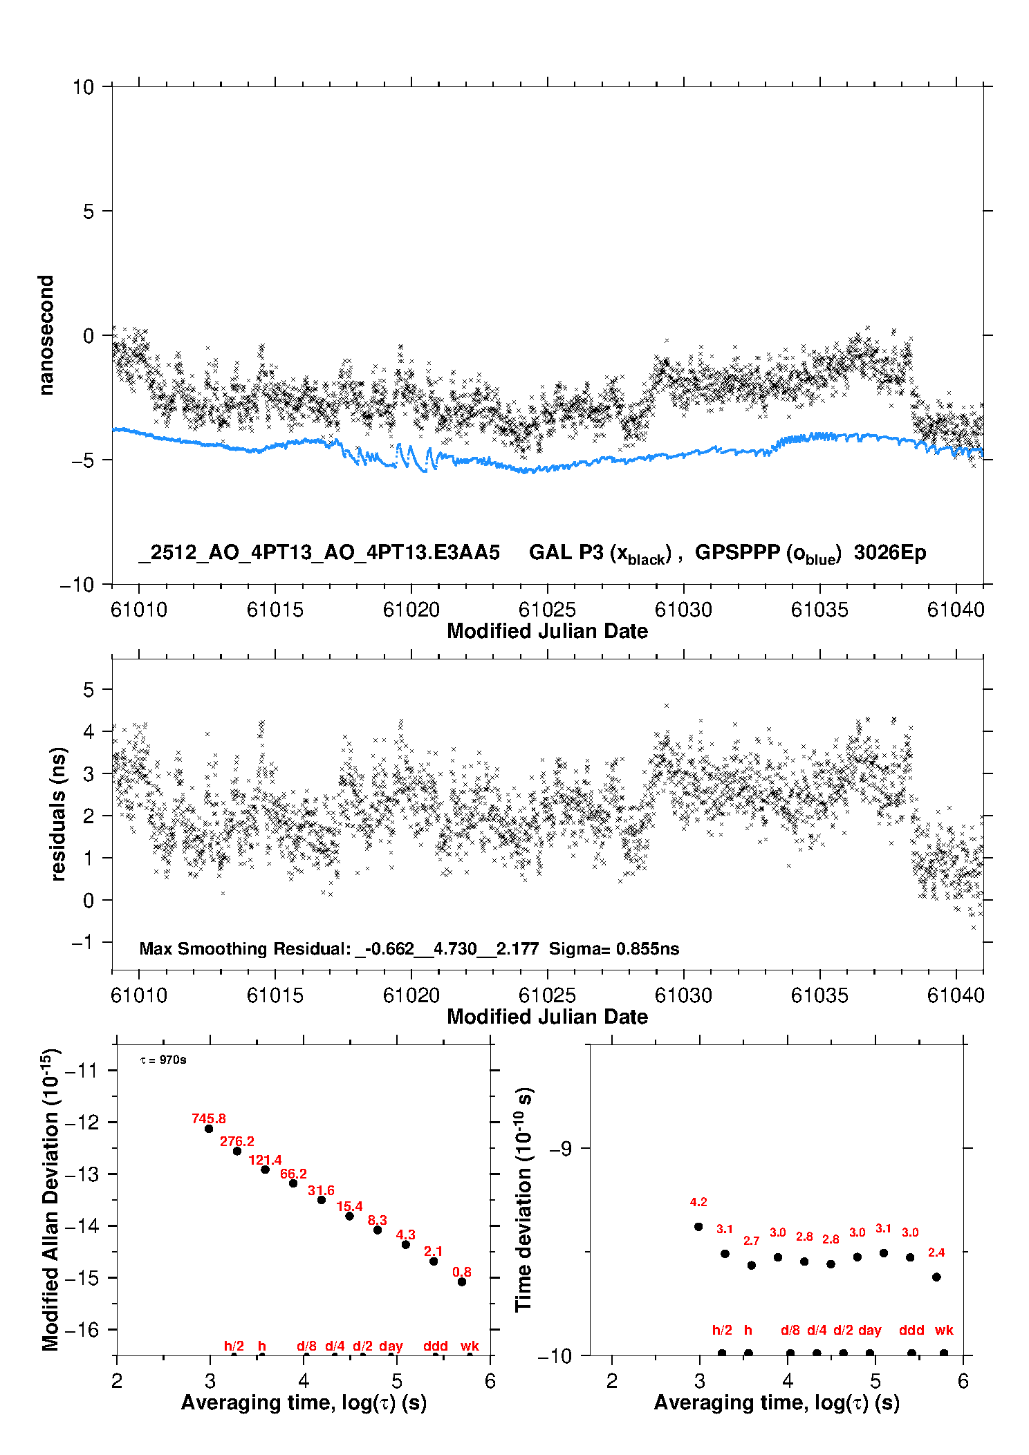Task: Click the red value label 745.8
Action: click(208, 1118)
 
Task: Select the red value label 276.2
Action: click(237, 1141)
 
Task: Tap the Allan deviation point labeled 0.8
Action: click(462, 1282)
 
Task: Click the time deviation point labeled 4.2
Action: click(698, 1227)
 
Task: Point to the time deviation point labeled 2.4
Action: click(936, 1277)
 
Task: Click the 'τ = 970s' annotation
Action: click(163, 1060)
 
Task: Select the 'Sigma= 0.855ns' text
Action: click(613, 948)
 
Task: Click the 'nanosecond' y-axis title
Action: click(46, 335)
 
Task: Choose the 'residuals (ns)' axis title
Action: click(58, 814)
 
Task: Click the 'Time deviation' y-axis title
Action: click(523, 1199)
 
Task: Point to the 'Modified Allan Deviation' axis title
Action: click(50, 1199)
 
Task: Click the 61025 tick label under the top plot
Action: click(547, 610)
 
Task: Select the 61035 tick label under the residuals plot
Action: click(819, 995)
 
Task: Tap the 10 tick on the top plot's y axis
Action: click(83, 87)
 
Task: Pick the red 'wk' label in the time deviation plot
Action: click(944, 1330)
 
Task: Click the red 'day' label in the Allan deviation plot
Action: click(391, 1346)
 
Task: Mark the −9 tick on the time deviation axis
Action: click(561, 1148)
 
